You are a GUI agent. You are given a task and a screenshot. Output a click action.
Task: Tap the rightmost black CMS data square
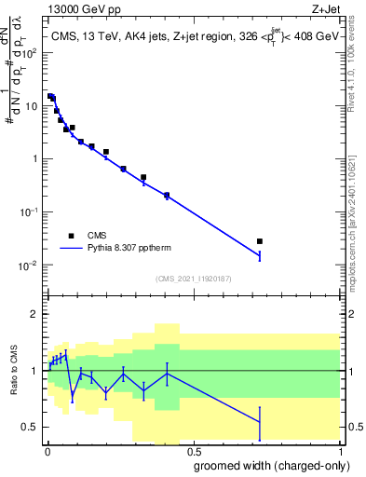pos(260,241)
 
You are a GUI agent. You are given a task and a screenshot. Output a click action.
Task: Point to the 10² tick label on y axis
pos(32,52)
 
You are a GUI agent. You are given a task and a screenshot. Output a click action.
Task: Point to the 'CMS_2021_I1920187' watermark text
pos(192,279)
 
